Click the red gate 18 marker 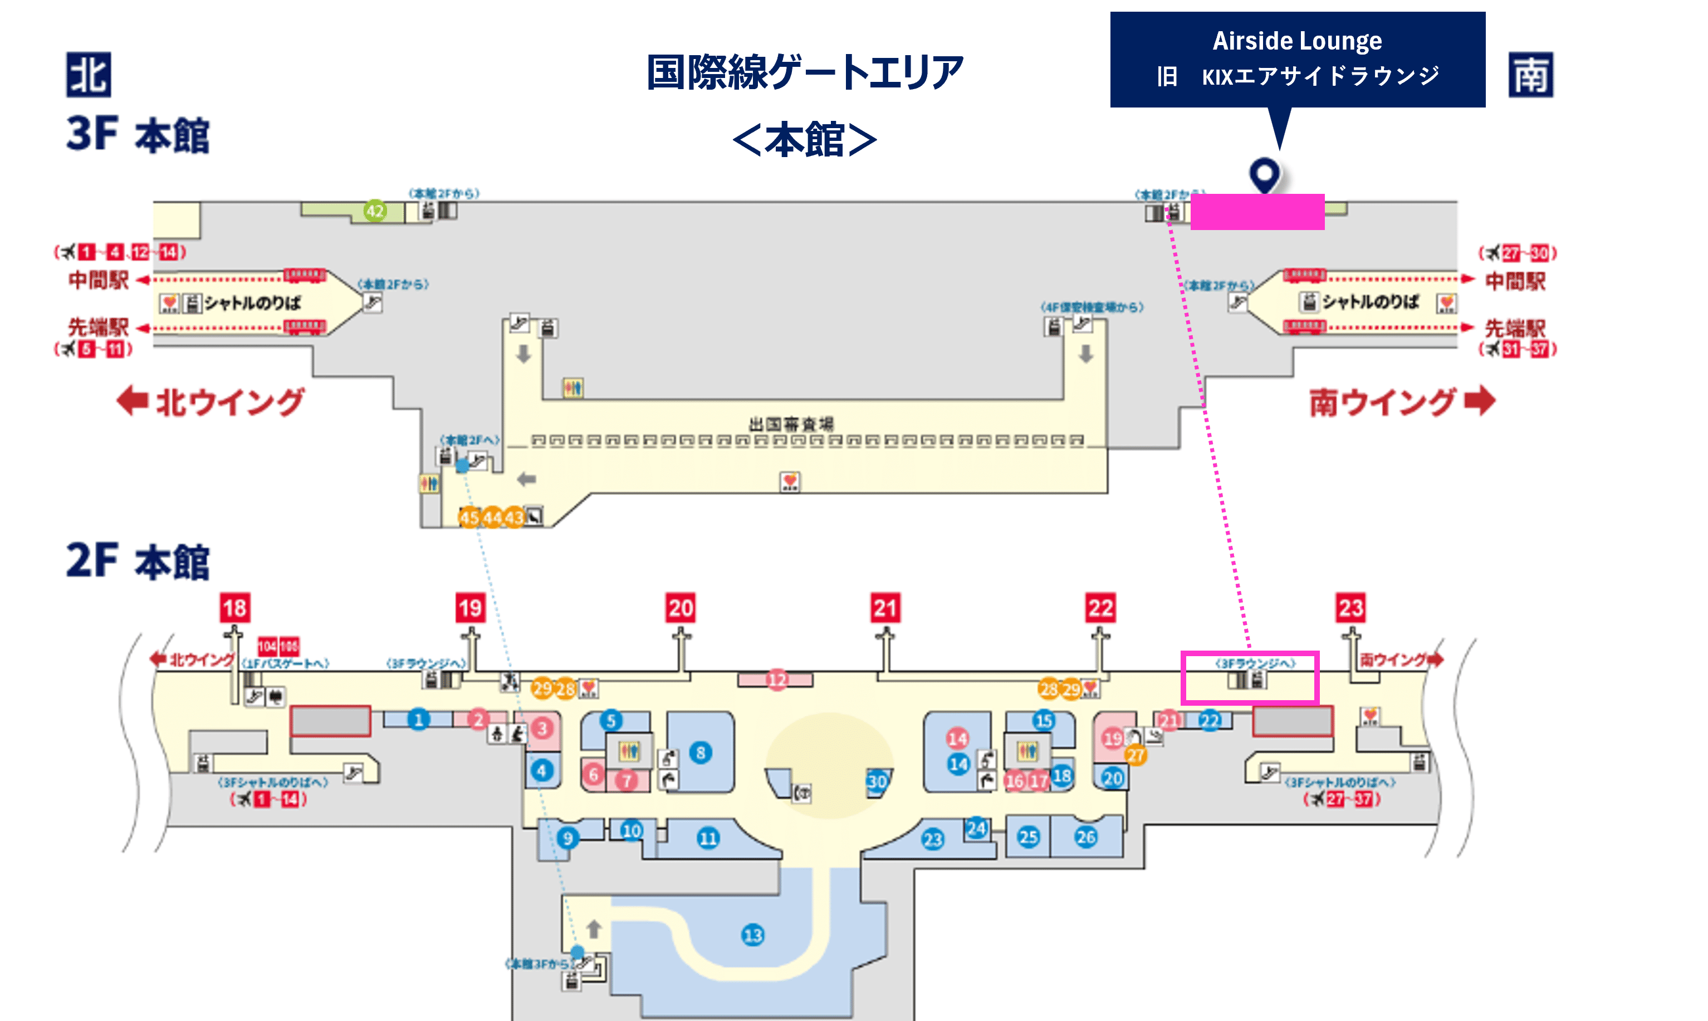(234, 608)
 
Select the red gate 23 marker (1350, 608)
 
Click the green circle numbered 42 (375, 211)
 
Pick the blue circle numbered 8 (700, 753)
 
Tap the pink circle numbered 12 (777, 680)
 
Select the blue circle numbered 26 (1086, 837)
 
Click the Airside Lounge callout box (1298, 59)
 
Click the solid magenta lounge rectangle (1257, 212)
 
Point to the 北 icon (88, 74)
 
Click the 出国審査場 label (790, 424)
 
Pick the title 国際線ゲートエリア (805, 72)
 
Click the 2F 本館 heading (138, 561)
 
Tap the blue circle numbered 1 (418, 720)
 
